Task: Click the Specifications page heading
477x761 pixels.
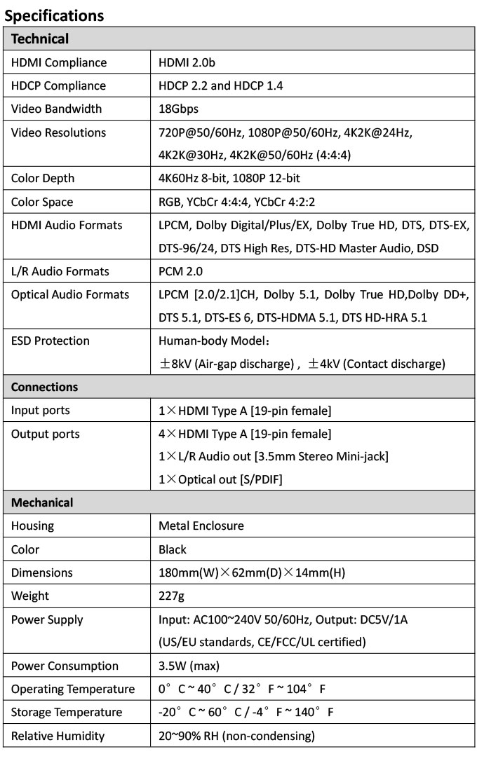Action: click(x=54, y=15)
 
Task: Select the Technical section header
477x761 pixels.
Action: click(x=40, y=39)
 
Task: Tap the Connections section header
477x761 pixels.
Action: click(x=45, y=387)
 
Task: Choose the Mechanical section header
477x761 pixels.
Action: click(x=42, y=502)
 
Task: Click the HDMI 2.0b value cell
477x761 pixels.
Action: click(x=187, y=62)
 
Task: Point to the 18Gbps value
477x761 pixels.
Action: click(x=178, y=109)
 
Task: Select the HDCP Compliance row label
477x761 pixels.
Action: click(x=58, y=85)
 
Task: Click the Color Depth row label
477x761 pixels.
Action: click(x=43, y=178)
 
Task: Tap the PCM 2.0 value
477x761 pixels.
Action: click(x=180, y=271)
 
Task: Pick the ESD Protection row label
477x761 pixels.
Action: click(x=51, y=341)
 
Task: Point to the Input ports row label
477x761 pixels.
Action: click(x=41, y=410)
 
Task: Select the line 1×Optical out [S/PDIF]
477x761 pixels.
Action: click(x=220, y=479)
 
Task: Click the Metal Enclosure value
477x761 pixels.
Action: click(x=201, y=526)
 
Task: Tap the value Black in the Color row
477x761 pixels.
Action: click(x=173, y=549)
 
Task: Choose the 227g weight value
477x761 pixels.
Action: click(x=173, y=596)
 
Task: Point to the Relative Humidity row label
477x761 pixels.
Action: click(x=58, y=736)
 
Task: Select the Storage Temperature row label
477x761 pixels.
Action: click(x=67, y=712)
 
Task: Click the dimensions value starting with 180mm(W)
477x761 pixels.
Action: click(x=252, y=573)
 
